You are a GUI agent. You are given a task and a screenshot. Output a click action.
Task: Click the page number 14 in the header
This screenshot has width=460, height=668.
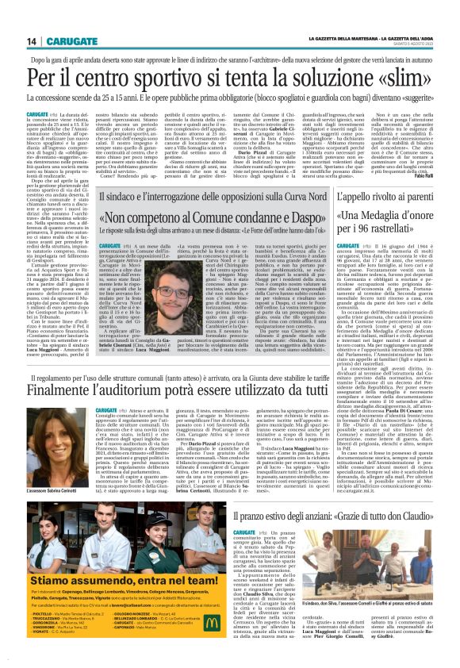click(x=32, y=41)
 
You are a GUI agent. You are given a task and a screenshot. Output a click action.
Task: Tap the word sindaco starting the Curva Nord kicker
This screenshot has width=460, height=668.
click(x=121, y=196)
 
